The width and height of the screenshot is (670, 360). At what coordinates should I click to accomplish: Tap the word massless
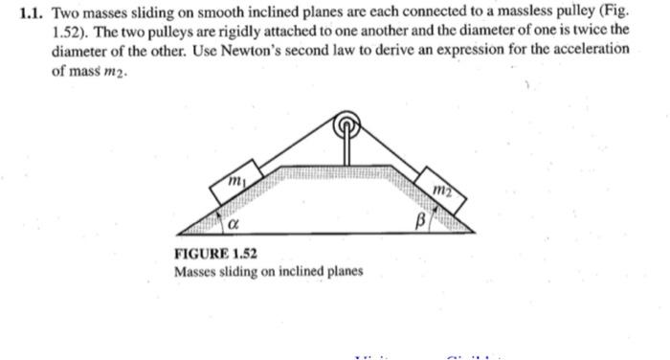pyautogui.click(x=506, y=14)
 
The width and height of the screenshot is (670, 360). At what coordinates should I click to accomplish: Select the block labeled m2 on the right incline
pyautogui.click(x=441, y=188)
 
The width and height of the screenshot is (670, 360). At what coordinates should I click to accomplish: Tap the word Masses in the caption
pyautogui.click(x=196, y=272)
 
